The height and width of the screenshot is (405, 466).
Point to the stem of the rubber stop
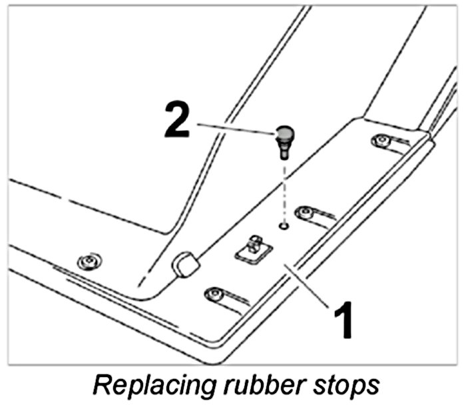pos(284,153)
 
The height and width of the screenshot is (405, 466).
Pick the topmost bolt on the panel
pos(380,141)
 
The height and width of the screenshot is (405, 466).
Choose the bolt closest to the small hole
pos(306,212)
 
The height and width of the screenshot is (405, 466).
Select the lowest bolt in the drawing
pos(214,293)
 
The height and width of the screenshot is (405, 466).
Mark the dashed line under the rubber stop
pos(284,190)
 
